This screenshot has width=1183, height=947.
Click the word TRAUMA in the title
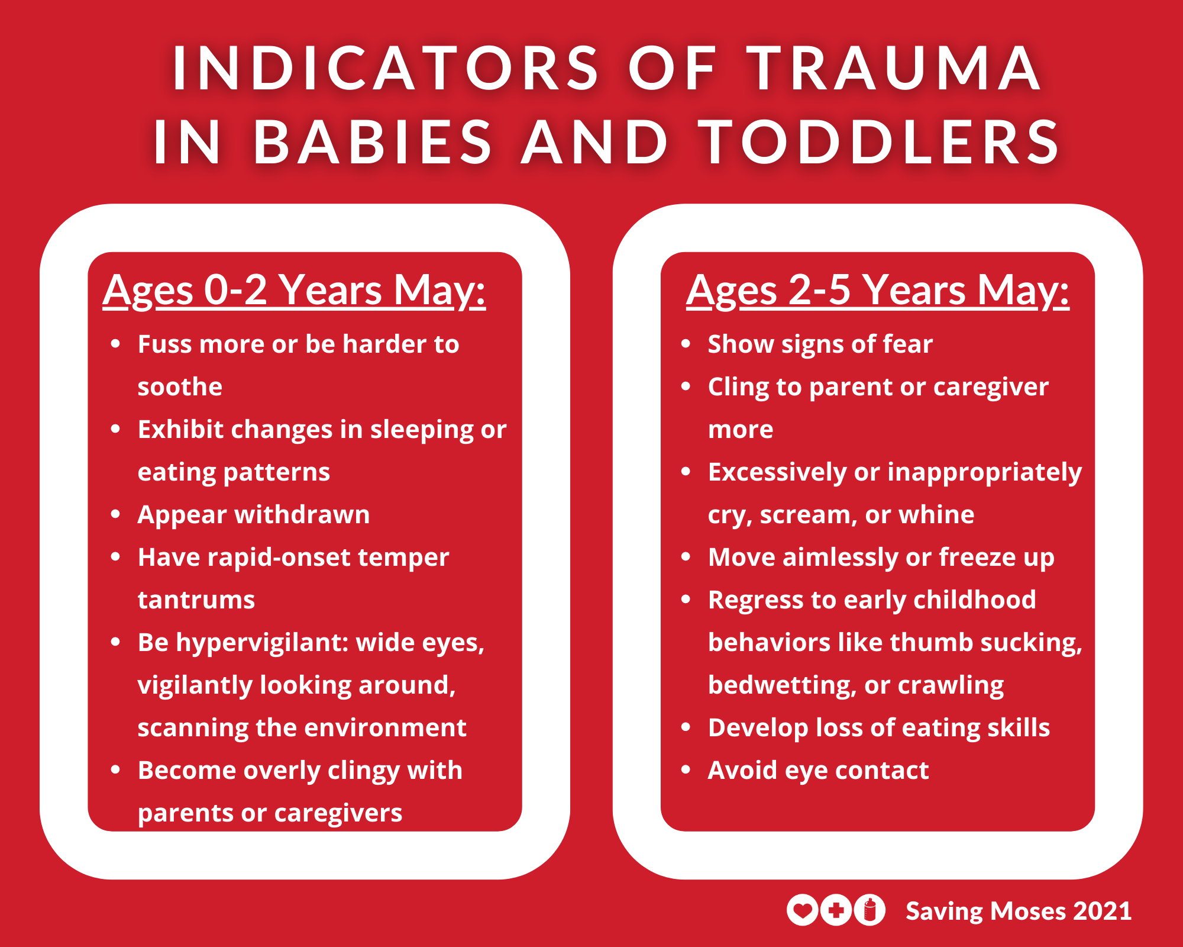tap(893, 68)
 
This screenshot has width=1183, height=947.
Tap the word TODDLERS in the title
tap(879, 142)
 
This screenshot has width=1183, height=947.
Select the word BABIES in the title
tap(373, 142)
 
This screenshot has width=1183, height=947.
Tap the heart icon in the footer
tap(802, 910)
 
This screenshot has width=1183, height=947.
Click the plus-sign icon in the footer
tap(836, 910)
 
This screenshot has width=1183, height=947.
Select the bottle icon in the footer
tap(870, 910)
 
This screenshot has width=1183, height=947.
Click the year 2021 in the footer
tap(1103, 911)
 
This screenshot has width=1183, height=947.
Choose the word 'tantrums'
tap(196, 600)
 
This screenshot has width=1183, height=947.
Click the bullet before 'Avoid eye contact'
tap(686, 769)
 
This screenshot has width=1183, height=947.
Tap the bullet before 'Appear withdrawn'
tap(115, 514)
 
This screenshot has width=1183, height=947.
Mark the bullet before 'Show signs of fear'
tap(686, 343)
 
